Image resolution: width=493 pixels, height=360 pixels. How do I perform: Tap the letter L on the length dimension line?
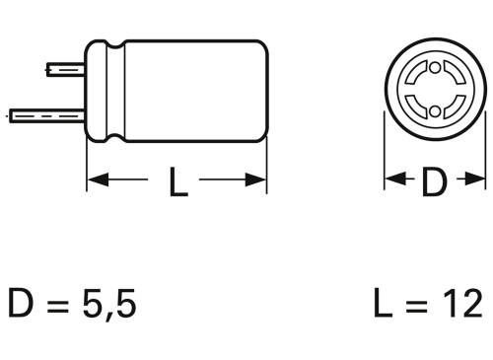tap(177, 181)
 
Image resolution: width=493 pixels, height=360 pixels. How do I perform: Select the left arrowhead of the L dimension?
tap(97, 180)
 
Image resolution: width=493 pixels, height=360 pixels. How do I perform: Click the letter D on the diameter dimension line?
tap(434, 181)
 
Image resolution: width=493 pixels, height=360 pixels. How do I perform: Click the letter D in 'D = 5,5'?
tap(21, 303)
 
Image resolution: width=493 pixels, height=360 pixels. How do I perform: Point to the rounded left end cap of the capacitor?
tap(95, 92)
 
